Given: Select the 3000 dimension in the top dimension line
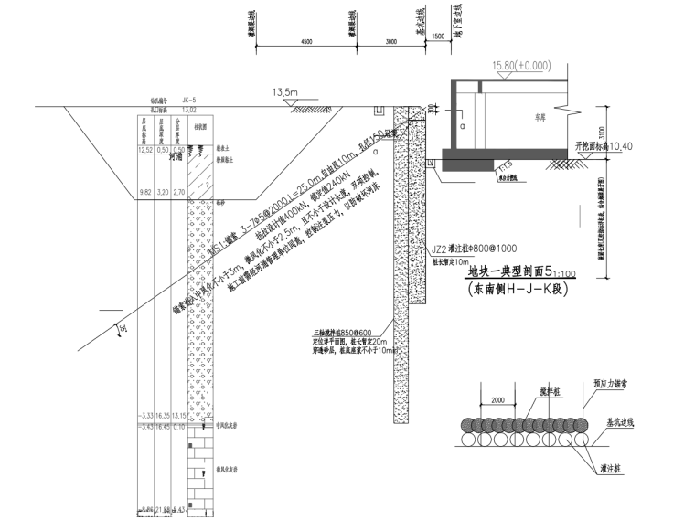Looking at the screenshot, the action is [x=391, y=42].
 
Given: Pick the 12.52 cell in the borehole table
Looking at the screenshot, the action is [x=144, y=148].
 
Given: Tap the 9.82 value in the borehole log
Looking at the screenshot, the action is [x=144, y=193].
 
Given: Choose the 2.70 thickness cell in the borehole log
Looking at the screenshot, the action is [x=179, y=193].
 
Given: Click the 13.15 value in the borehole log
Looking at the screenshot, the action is [x=179, y=415].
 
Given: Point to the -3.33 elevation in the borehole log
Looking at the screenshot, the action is [x=144, y=415].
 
